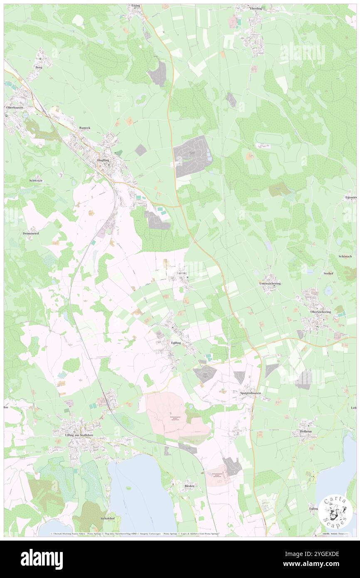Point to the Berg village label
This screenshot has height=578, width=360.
39,67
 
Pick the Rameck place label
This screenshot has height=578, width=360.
85,128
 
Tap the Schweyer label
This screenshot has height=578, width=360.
36,181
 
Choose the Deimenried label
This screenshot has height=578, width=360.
30,233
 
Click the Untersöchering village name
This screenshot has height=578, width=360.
270,283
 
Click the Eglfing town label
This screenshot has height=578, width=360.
176,343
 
